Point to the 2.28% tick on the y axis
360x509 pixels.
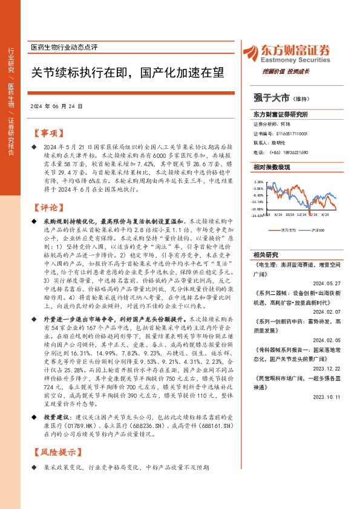tap(258, 181)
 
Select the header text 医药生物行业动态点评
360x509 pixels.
tap(64, 47)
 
